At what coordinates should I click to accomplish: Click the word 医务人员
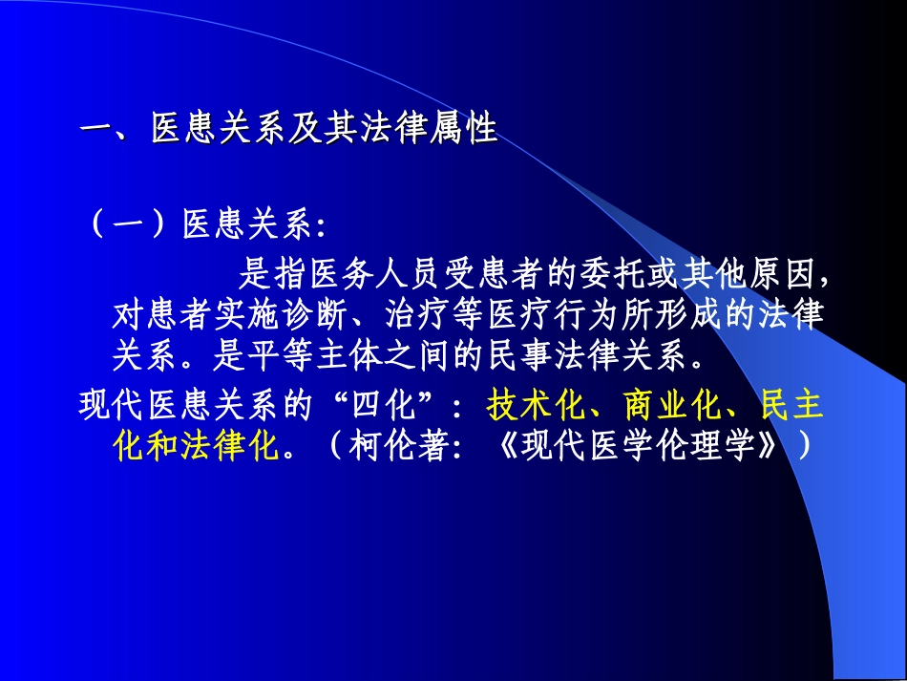[x=374, y=276]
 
